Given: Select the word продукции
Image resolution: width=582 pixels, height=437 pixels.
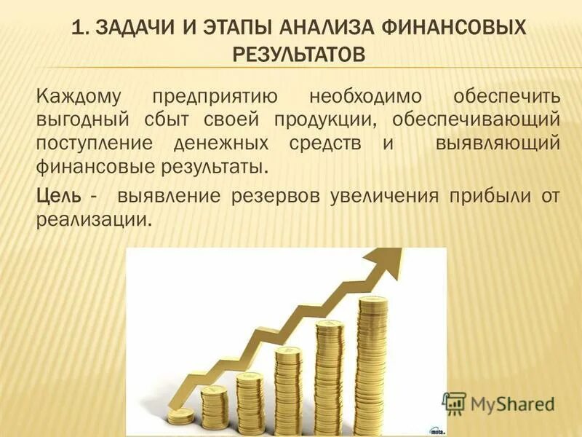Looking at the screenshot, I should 324,119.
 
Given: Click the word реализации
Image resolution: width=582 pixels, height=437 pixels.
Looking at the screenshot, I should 93,219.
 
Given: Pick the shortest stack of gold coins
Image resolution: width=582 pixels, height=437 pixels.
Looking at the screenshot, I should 180,415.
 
